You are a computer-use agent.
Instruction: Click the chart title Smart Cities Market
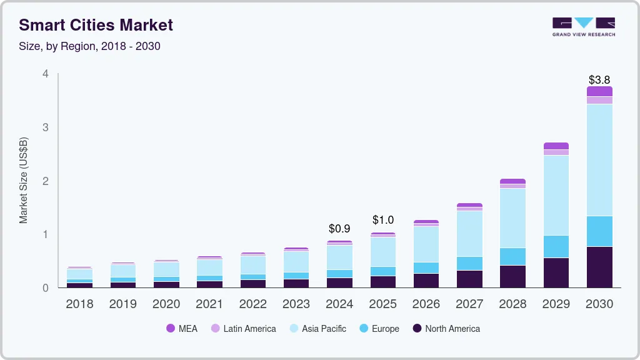96,25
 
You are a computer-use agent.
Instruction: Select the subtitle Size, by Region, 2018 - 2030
89,46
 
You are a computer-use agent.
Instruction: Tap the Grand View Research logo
583,26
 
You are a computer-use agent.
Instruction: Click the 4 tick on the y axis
45,74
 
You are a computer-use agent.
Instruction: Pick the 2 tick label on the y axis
45,181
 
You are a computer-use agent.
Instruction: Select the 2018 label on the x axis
79,304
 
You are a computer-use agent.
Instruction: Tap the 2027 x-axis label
469,304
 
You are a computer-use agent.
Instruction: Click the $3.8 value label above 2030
599,80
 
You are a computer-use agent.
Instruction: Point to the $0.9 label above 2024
339,229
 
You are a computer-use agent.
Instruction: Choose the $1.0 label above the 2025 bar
383,220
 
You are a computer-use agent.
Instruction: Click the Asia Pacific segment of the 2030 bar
599,160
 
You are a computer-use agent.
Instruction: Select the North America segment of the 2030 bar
599,267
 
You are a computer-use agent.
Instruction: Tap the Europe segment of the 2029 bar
556,246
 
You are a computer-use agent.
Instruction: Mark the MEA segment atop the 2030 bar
599,91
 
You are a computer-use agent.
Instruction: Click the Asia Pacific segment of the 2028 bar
512,218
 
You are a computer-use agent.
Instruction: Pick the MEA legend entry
182,329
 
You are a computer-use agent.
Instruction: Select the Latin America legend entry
243,329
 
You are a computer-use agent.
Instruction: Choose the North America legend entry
446,329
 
